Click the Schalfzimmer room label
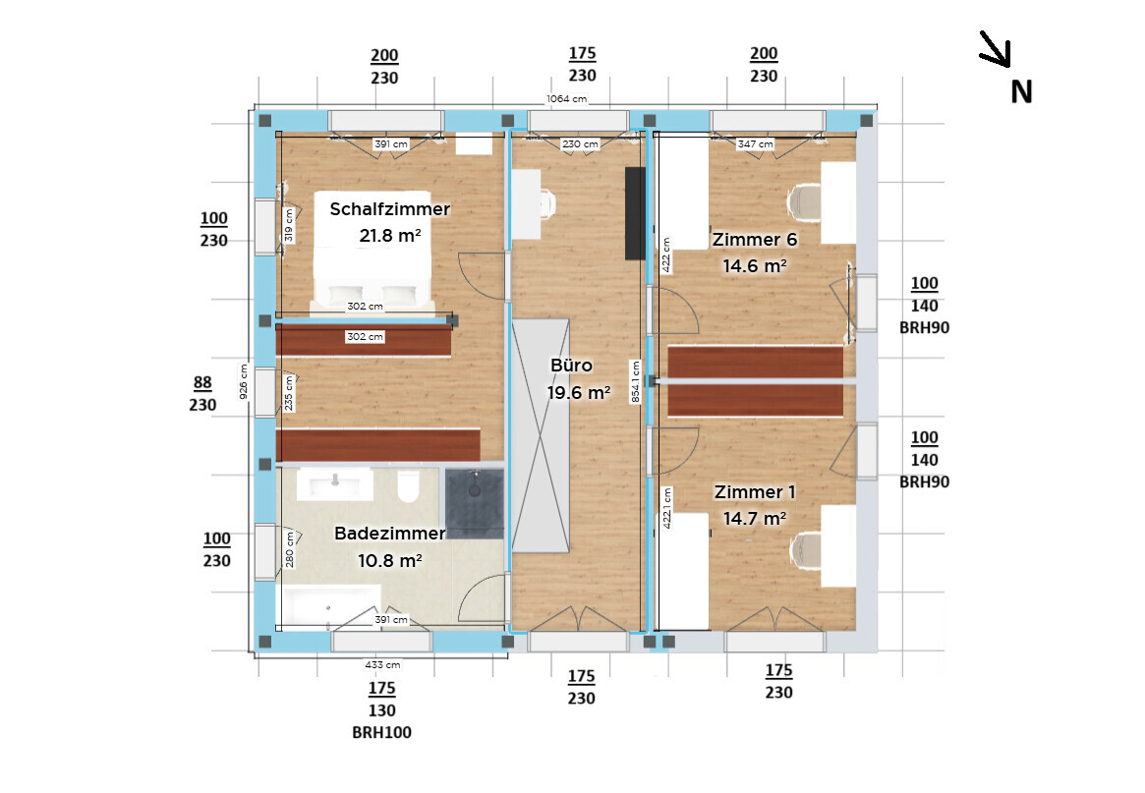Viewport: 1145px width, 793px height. [x=389, y=209]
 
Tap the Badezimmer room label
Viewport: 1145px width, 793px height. [x=389, y=534]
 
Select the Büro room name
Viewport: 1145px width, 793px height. [x=571, y=366]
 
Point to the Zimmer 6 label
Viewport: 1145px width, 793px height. [x=755, y=240]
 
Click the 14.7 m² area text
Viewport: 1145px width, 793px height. [x=755, y=519]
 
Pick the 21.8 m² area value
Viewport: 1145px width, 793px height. [x=390, y=236]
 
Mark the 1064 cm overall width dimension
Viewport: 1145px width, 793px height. [x=567, y=98]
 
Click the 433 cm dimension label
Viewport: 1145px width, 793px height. [x=382, y=664]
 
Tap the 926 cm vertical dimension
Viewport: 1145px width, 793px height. [x=244, y=381]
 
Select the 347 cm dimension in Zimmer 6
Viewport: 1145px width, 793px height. [x=755, y=143]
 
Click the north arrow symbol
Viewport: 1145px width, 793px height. [x=996, y=49]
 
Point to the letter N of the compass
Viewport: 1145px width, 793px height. [x=1021, y=92]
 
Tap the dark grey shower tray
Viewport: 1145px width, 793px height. [x=475, y=504]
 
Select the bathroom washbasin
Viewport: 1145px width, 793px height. [x=335, y=484]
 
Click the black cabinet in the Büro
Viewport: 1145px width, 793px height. [x=635, y=213]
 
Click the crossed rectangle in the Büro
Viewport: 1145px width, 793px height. [x=541, y=436]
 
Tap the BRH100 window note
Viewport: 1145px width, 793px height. [x=382, y=732]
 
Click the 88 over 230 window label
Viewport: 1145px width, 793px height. [x=203, y=394]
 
